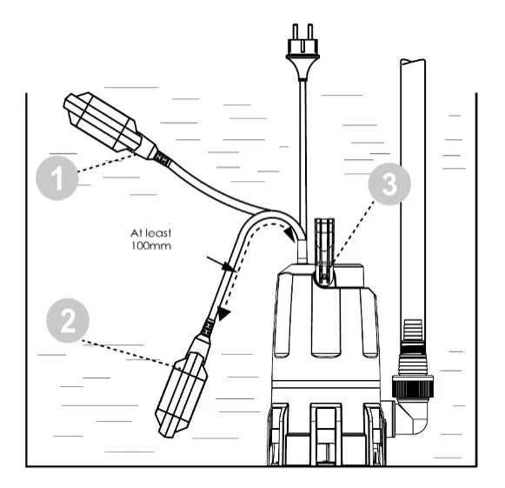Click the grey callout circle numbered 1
coord(57,178)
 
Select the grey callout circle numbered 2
coord(68,320)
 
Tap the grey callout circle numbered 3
coord(389,184)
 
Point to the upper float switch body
coord(103,123)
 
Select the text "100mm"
coord(150,246)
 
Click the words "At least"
coord(150,233)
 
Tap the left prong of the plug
coord(295,31)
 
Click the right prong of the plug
coord(309,31)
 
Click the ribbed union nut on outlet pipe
coord(412,386)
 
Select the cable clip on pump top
coord(325,250)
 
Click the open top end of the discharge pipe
coord(413,62)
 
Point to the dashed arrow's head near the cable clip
coord(291,234)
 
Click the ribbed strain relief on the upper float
coord(162,158)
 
